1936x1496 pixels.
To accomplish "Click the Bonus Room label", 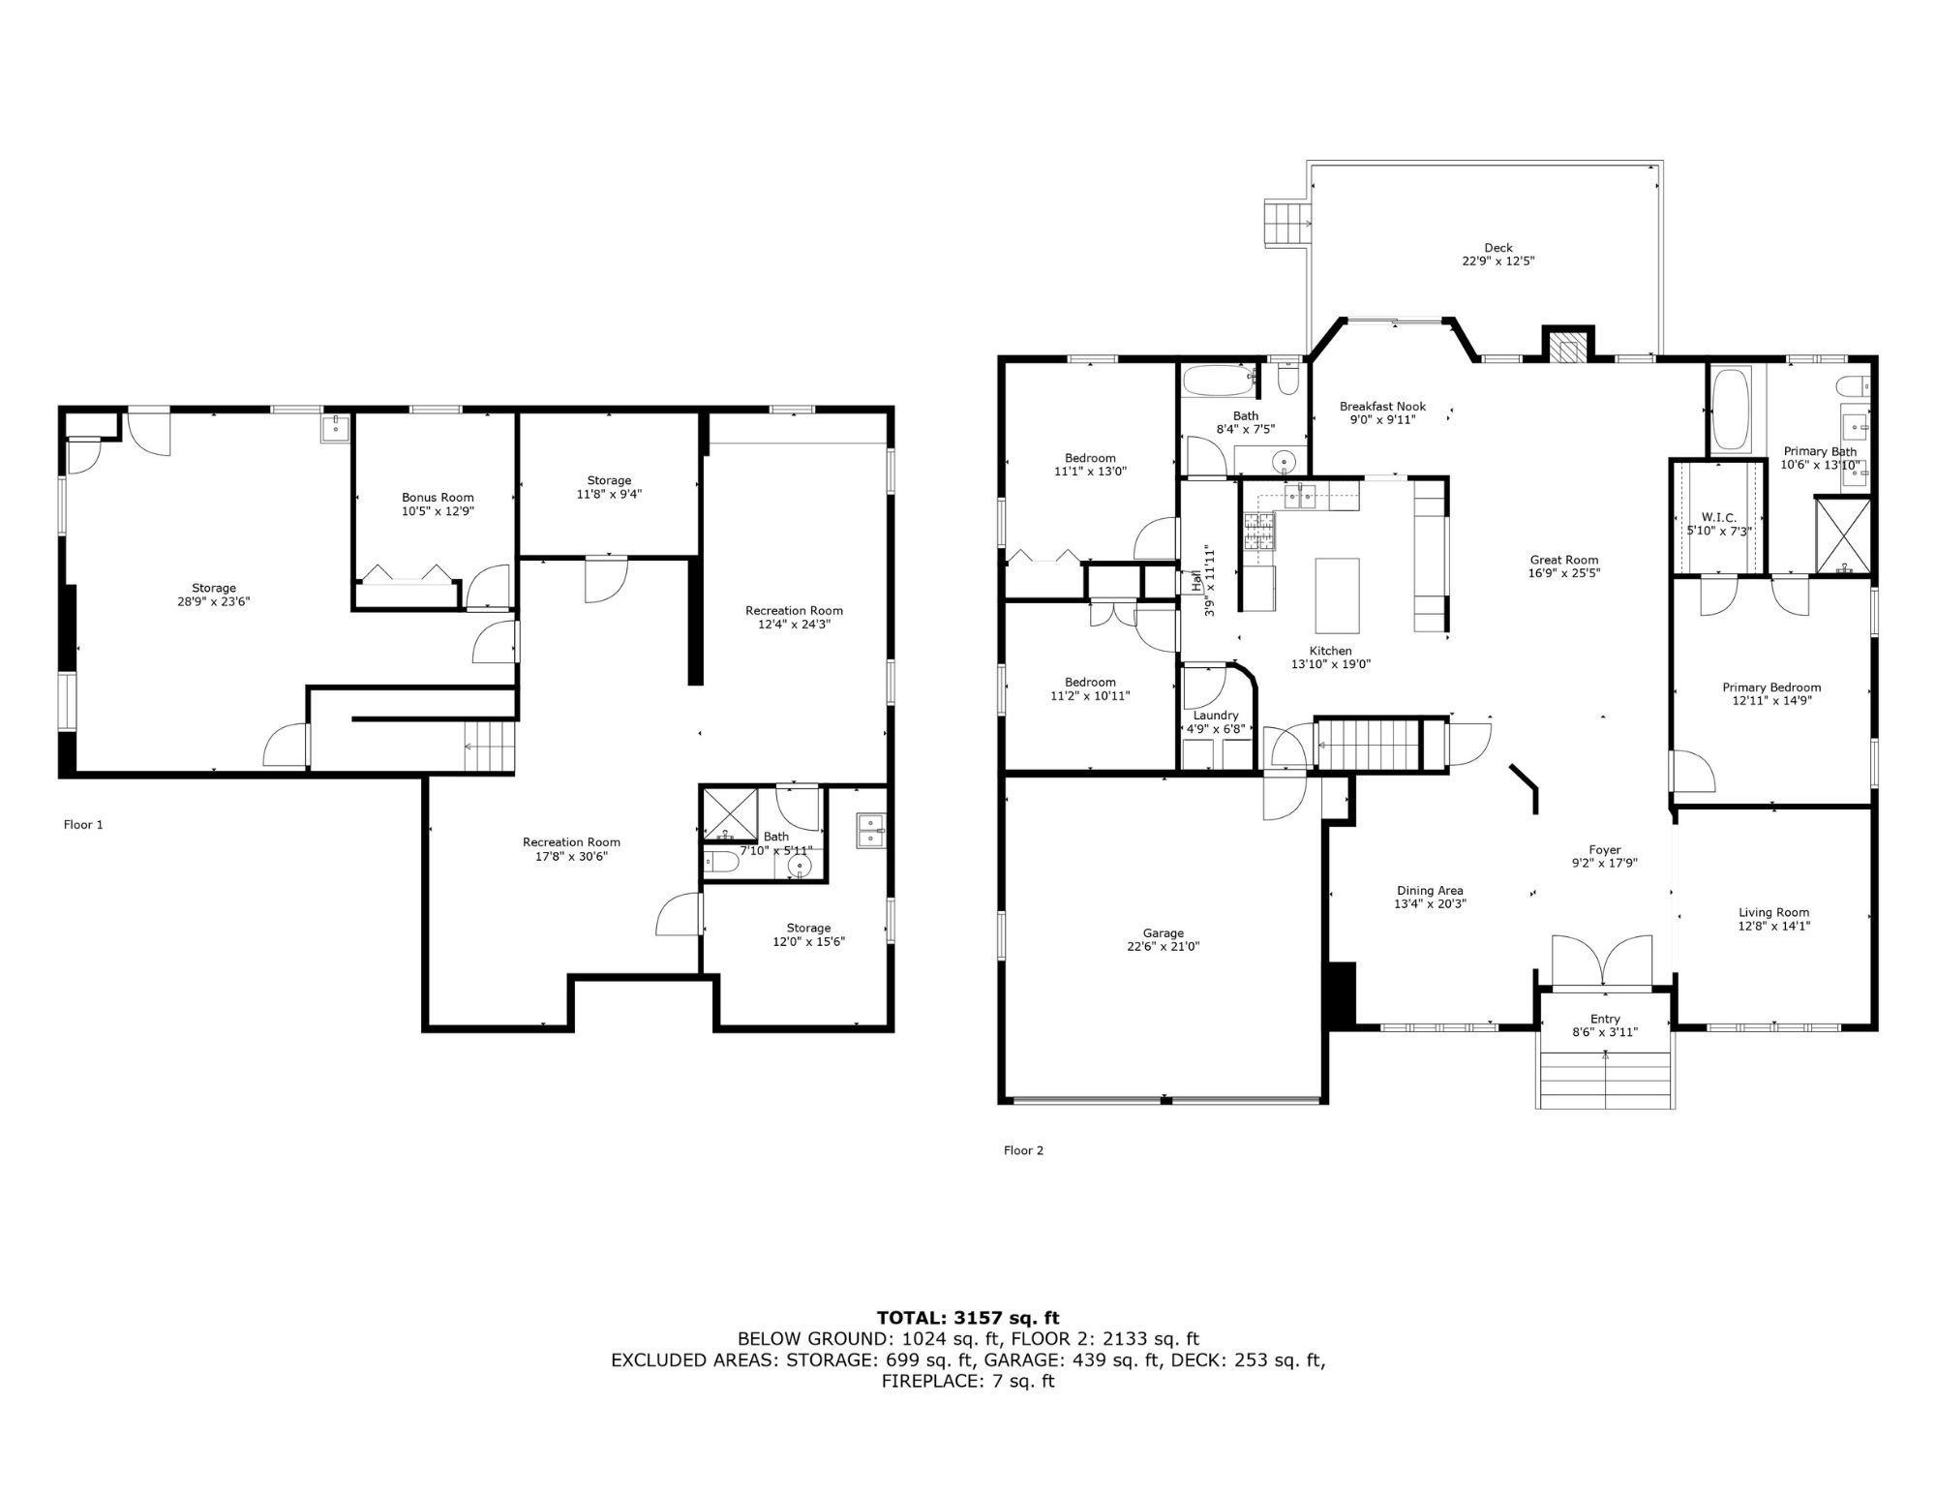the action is pyautogui.click(x=438, y=498).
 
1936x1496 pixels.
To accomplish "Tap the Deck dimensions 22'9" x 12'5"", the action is pyautogui.click(x=1498, y=261).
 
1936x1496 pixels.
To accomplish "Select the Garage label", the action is pyautogui.click(x=1163, y=933).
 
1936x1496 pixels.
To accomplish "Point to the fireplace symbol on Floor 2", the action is pyautogui.click(x=1567, y=347).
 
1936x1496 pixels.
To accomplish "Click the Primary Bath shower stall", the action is pyautogui.click(x=1843, y=535).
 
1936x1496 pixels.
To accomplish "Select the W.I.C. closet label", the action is pyautogui.click(x=1718, y=518).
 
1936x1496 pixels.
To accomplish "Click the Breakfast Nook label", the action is pyautogui.click(x=1382, y=407).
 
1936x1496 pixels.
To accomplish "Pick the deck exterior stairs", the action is pyautogui.click(x=1286, y=224).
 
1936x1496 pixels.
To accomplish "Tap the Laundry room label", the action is pyautogui.click(x=1216, y=716).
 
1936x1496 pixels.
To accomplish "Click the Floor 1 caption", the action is pyautogui.click(x=83, y=825).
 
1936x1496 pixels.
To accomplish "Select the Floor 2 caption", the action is pyautogui.click(x=1024, y=1150).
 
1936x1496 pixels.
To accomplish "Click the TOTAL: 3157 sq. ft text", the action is pyautogui.click(x=968, y=1317).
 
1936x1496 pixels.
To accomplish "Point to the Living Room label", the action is pyautogui.click(x=1773, y=912).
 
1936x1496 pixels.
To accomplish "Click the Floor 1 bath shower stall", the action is pyautogui.click(x=731, y=815).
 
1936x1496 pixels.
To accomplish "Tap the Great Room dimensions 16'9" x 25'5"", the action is pyautogui.click(x=1564, y=572).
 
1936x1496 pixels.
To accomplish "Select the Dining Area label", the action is pyautogui.click(x=1430, y=891).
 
